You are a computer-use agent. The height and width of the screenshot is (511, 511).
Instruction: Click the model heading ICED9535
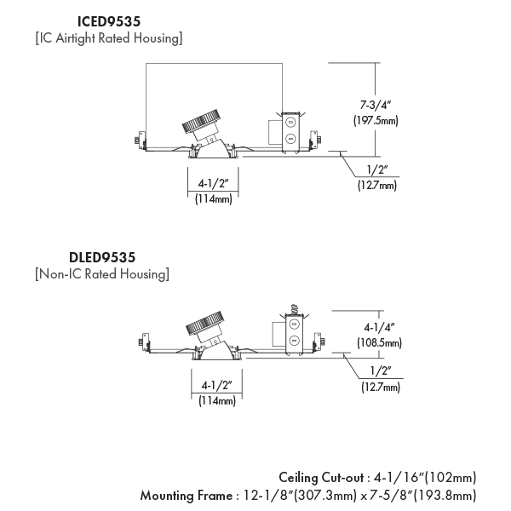click(x=109, y=22)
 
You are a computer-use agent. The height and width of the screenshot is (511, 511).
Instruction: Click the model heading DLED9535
click(x=102, y=258)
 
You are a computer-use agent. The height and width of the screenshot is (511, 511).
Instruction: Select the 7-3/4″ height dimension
click(x=375, y=105)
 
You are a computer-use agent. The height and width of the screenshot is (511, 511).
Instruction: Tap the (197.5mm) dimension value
click(x=376, y=121)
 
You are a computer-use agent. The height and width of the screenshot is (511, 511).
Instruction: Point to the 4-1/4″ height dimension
click(x=379, y=327)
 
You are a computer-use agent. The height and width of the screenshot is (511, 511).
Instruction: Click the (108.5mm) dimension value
click(x=379, y=343)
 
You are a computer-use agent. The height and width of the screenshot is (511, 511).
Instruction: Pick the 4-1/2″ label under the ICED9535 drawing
click(x=213, y=183)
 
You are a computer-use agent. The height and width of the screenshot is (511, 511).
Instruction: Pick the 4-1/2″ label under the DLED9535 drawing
click(x=216, y=385)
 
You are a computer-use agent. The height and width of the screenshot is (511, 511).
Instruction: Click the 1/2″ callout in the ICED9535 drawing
click(x=377, y=169)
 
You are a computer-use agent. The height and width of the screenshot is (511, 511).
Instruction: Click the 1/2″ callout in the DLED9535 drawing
click(x=381, y=371)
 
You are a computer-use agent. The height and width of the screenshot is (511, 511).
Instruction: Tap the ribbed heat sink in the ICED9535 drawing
click(x=200, y=121)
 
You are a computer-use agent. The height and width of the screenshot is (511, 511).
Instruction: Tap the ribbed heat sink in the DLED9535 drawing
click(x=204, y=323)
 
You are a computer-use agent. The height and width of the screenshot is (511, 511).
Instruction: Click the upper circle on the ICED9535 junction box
click(x=290, y=123)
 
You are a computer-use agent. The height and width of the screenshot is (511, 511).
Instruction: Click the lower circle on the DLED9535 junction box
click(x=294, y=341)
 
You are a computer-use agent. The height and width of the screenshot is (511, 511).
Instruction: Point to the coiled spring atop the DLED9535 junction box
click(x=294, y=309)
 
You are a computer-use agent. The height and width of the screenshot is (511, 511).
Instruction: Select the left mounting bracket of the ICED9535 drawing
click(x=141, y=141)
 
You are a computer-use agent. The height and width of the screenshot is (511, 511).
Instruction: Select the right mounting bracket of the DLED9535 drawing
click(x=319, y=342)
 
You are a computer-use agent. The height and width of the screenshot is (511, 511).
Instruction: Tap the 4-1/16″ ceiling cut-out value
click(x=399, y=478)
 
